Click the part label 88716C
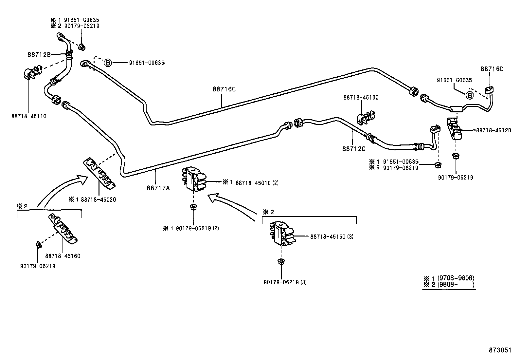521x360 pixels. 224,89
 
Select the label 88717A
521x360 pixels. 158,188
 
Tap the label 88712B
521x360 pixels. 39,55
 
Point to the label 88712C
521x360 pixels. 354,149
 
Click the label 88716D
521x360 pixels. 492,69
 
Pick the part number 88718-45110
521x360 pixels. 29,116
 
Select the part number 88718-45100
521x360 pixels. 361,97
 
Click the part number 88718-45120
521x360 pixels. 493,130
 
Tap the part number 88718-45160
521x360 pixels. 63,256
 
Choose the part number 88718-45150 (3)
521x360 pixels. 332,237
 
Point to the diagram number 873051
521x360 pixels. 500,350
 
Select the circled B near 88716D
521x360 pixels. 469,95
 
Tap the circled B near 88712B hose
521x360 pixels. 108,63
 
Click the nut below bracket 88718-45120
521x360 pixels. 455,156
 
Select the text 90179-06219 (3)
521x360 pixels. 285,282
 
